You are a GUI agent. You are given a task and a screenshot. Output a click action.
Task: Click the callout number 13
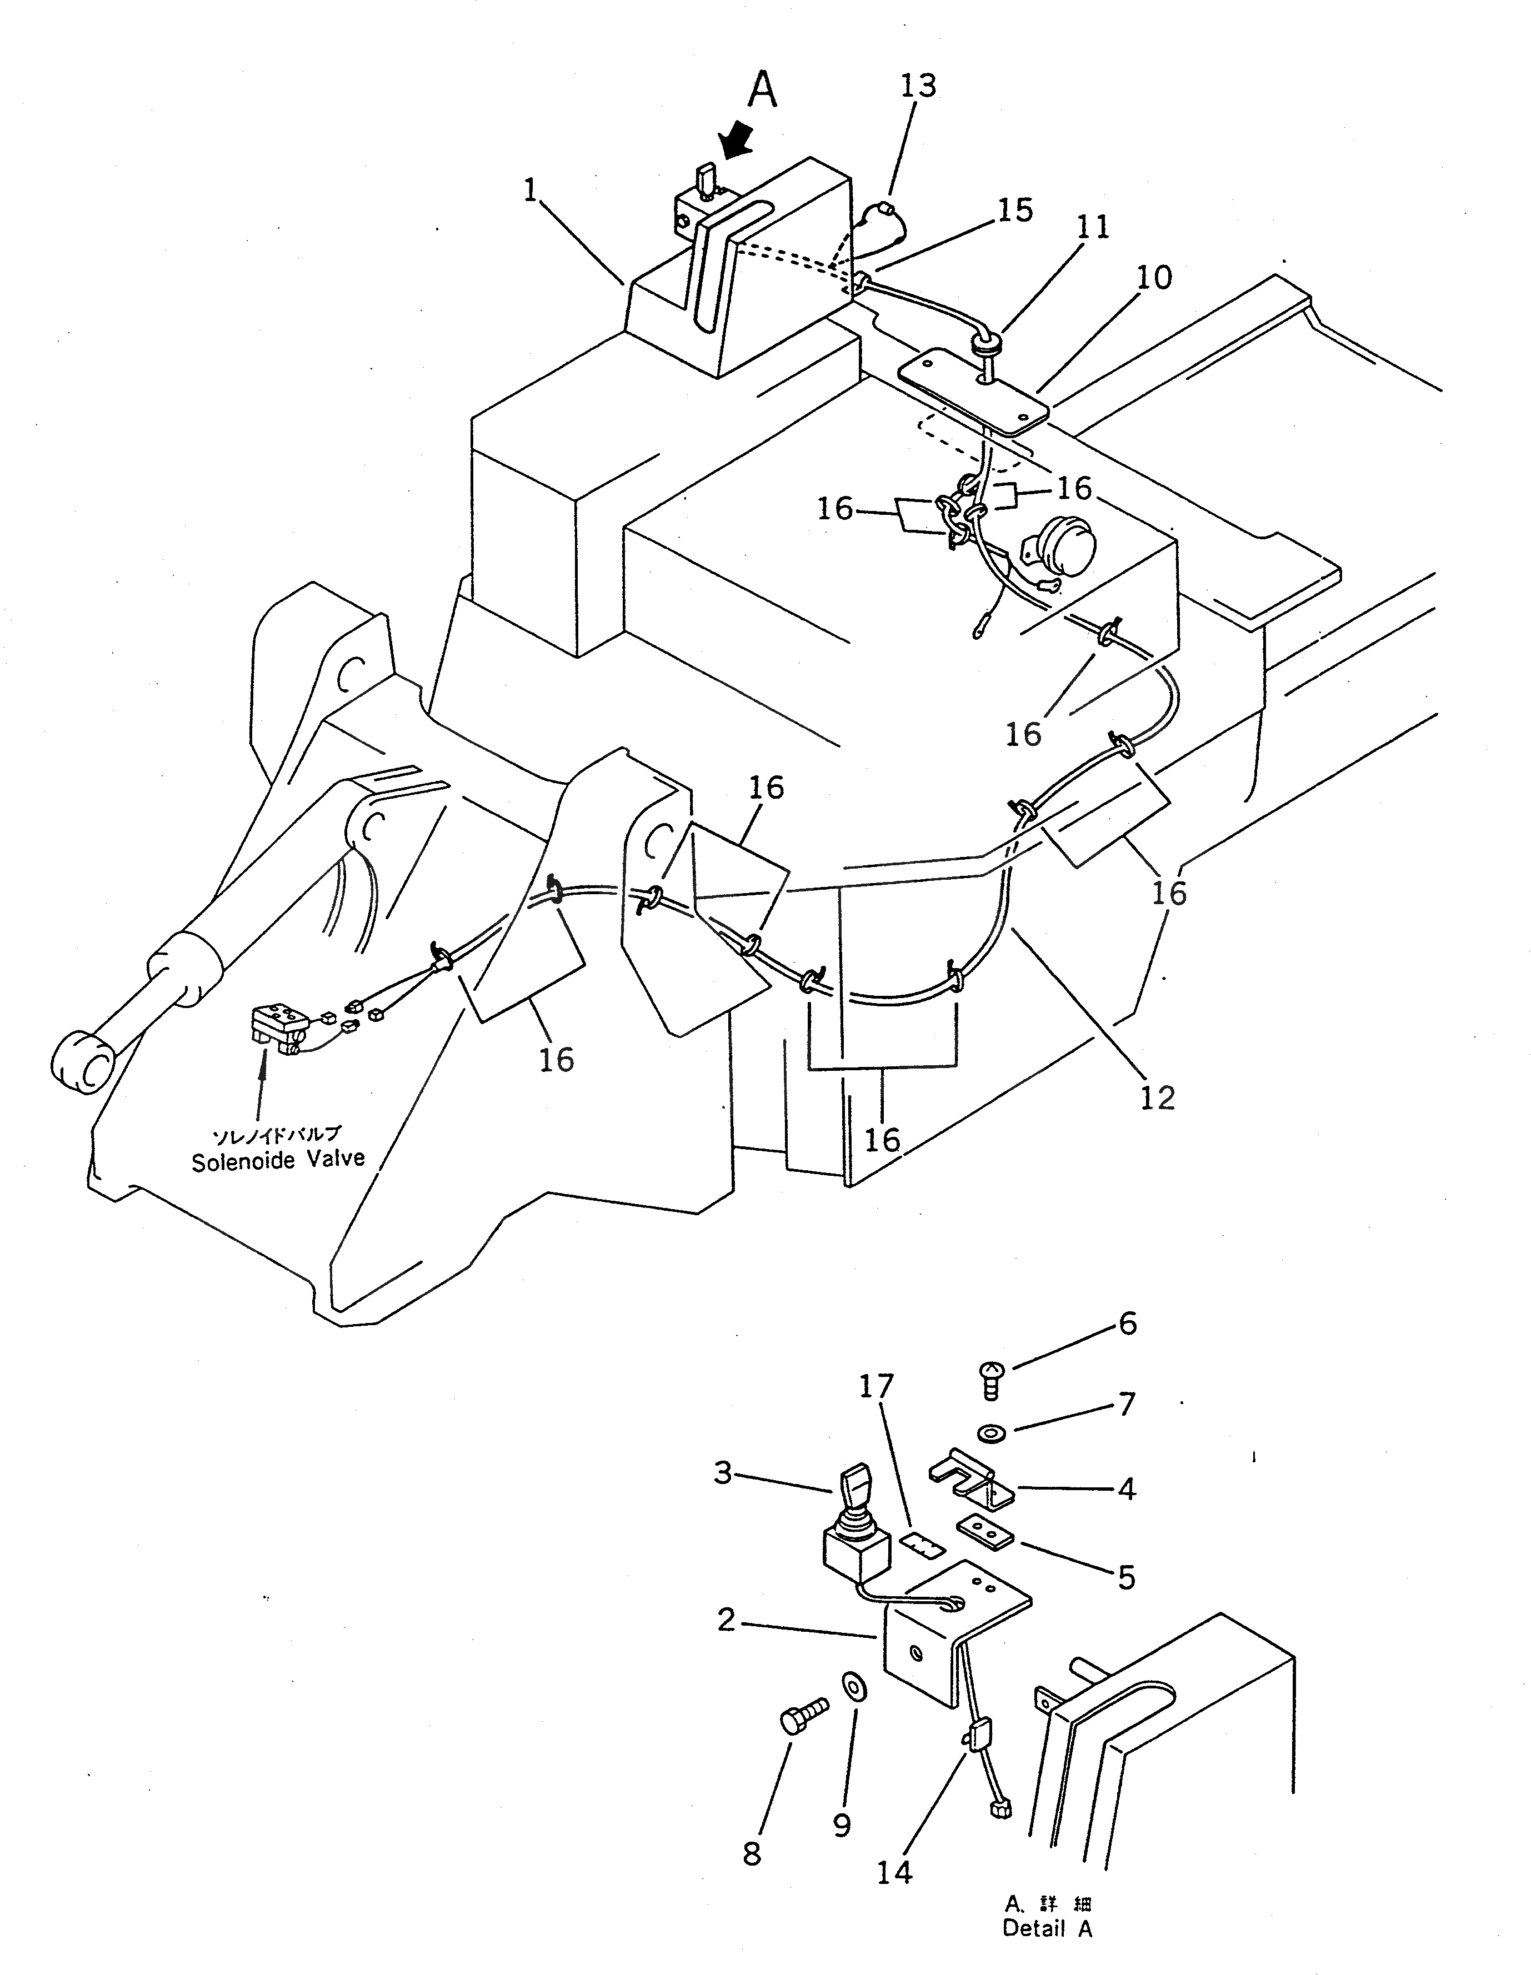click(918, 87)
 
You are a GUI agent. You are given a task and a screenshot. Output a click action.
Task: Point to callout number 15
click(1014, 210)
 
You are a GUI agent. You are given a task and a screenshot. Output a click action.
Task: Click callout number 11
click(1092, 227)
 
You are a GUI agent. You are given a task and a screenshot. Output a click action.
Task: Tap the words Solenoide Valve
click(278, 1159)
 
